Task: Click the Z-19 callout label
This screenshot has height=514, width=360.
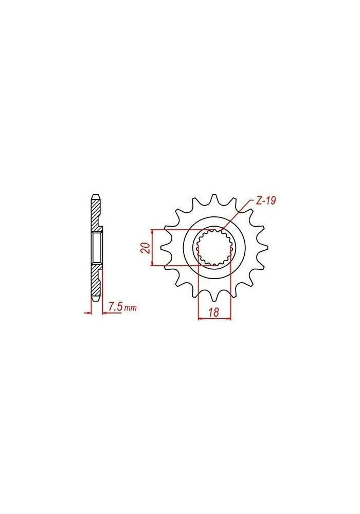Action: [x=266, y=201]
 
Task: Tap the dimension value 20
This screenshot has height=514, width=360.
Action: [x=146, y=248]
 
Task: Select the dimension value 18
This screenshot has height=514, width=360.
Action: [x=214, y=312]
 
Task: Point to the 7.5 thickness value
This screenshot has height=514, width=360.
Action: [x=116, y=307]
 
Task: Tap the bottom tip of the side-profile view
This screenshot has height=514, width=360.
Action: [x=96, y=300]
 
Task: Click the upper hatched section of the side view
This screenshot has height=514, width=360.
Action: [x=96, y=213]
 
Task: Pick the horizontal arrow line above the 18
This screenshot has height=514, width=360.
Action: [x=214, y=319]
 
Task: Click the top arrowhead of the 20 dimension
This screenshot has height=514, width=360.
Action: [x=152, y=231]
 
